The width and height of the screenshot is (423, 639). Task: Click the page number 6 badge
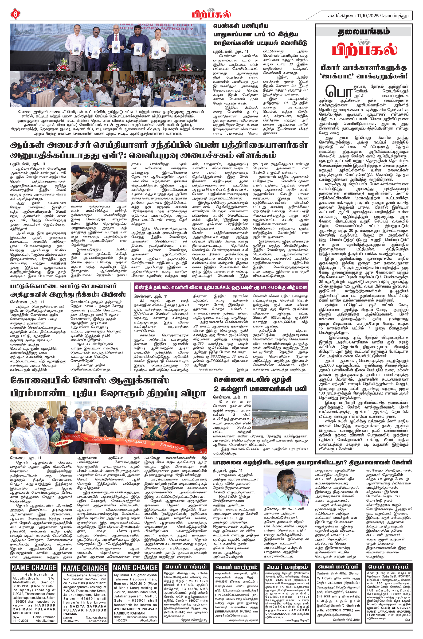[15, 14]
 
